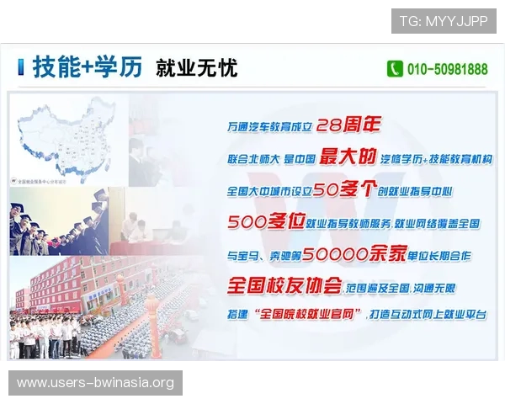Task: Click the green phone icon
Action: (395, 69)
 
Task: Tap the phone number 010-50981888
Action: (447, 69)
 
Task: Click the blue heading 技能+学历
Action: (87, 67)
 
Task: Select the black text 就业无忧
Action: (196, 68)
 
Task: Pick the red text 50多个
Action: (349, 190)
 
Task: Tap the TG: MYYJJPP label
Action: (444, 21)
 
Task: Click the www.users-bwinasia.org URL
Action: (96, 383)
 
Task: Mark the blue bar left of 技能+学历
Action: (21, 67)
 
